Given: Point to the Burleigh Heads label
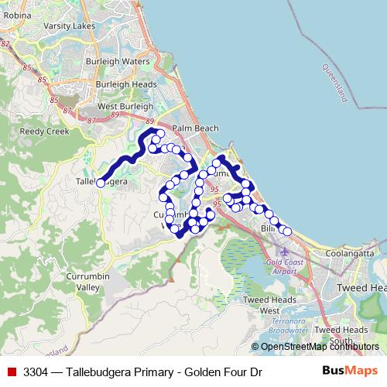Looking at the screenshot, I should (x=126, y=84).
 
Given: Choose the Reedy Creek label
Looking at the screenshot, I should (x=43, y=132).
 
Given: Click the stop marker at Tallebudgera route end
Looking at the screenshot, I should (x=100, y=183).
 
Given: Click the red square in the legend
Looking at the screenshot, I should (x=12, y=372).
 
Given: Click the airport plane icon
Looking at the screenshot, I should (x=285, y=251).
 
